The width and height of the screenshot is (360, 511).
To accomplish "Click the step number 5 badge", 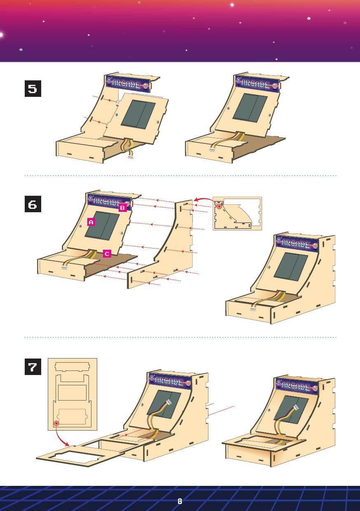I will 32,89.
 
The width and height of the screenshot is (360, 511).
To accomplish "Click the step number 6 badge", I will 32,205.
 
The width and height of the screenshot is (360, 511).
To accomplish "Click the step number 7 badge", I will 32,367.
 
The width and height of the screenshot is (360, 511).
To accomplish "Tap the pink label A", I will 91,222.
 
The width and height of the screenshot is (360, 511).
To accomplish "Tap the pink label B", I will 122,209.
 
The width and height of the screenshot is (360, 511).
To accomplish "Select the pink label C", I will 107,254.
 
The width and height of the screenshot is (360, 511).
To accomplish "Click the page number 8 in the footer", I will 180,502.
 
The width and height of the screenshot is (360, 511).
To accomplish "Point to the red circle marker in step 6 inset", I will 219,206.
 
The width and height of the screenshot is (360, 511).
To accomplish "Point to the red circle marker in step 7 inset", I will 56,423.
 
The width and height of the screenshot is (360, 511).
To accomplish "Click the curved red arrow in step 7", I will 62,438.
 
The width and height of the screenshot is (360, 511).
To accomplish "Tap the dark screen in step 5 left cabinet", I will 138,114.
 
